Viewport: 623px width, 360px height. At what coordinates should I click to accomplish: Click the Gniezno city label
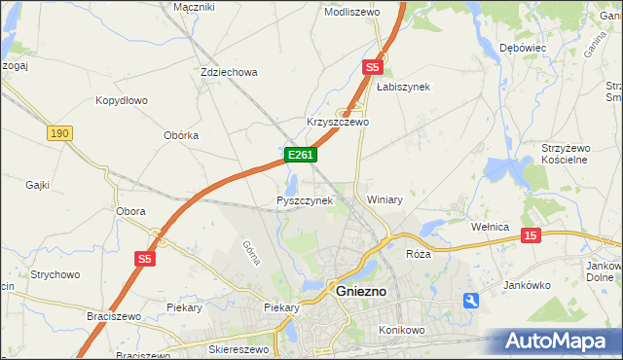click(361, 290)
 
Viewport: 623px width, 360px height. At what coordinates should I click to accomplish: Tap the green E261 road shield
click(300, 156)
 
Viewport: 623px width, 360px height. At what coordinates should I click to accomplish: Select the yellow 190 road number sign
click(59, 132)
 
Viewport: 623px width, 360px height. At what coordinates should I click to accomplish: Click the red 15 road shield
click(531, 235)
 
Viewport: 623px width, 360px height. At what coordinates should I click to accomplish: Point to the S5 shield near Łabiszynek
click(372, 67)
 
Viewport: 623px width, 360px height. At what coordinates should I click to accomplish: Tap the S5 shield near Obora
click(145, 258)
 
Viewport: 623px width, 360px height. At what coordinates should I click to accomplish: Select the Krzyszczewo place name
click(338, 123)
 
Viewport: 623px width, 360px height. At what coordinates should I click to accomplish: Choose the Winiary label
click(385, 199)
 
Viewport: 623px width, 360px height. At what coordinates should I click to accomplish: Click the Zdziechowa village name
click(228, 72)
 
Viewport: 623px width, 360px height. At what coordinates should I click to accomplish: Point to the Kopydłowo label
click(121, 100)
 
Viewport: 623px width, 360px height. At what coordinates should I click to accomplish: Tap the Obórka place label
click(181, 135)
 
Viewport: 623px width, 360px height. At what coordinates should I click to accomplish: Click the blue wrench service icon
click(471, 302)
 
